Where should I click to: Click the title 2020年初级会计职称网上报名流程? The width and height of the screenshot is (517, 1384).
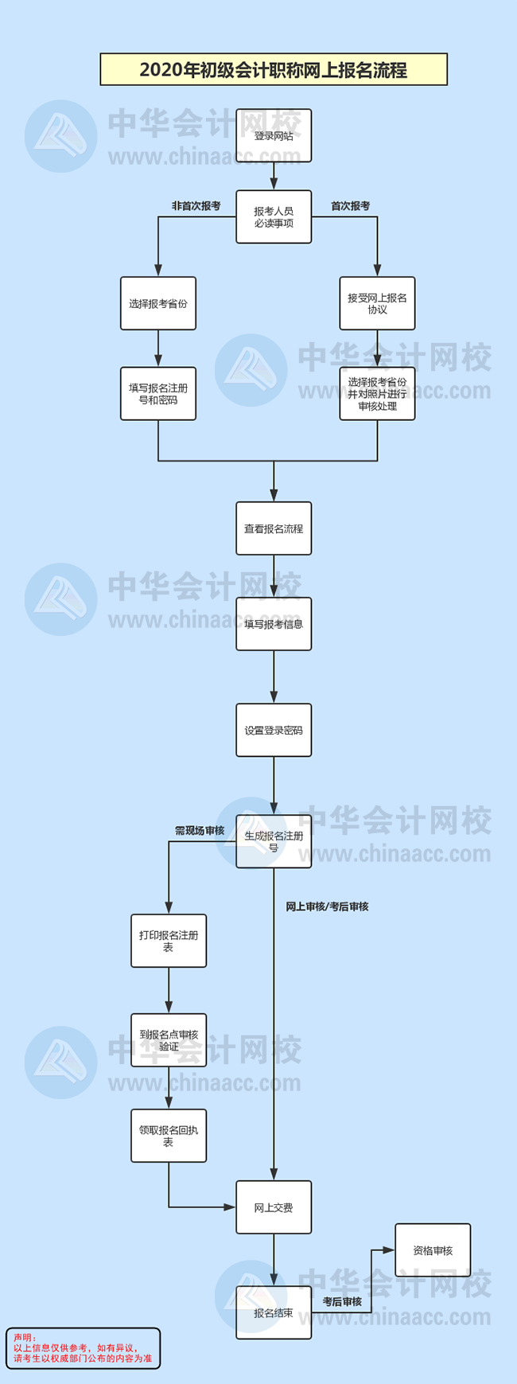pyautogui.click(x=274, y=70)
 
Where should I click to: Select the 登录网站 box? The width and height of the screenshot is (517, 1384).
pyautogui.click(x=274, y=136)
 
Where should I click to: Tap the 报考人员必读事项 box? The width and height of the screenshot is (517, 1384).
pyautogui.click(x=274, y=217)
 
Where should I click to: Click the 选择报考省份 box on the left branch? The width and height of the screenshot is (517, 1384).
pyautogui.click(x=158, y=303)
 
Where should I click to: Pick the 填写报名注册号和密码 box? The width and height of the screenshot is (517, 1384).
pyautogui.click(x=158, y=394)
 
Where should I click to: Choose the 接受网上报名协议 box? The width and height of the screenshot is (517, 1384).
pyautogui.click(x=377, y=303)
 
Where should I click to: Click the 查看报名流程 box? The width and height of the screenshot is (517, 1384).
pyautogui.click(x=274, y=528)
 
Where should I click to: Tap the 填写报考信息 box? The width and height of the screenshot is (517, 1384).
pyautogui.click(x=274, y=624)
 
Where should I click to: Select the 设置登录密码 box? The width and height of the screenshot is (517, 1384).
pyautogui.click(x=274, y=730)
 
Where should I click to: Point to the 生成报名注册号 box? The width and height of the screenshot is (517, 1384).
pyautogui.click(x=274, y=841)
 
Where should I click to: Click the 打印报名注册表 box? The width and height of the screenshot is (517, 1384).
pyautogui.click(x=169, y=941)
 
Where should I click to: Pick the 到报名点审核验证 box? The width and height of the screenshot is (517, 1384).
pyautogui.click(x=169, y=1040)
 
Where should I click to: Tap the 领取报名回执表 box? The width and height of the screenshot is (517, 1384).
pyautogui.click(x=169, y=1136)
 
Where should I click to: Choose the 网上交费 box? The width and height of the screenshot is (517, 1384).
pyautogui.click(x=274, y=1207)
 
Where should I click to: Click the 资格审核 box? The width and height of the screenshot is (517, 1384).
pyautogui.click(x=433, y=1250)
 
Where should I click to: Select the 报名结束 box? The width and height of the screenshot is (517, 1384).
pyautogui.click(x=274, y=1312)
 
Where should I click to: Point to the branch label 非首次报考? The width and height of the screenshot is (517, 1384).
pyautogui.click(x=196, y=206)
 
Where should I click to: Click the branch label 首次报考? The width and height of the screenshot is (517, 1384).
pyautogui.click(x=351, y=206)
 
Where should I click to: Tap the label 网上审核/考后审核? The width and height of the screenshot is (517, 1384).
pyautogui.click(x=327, y=906)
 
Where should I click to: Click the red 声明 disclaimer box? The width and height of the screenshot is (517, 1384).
pyautogui.click(x=83, y=1347)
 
